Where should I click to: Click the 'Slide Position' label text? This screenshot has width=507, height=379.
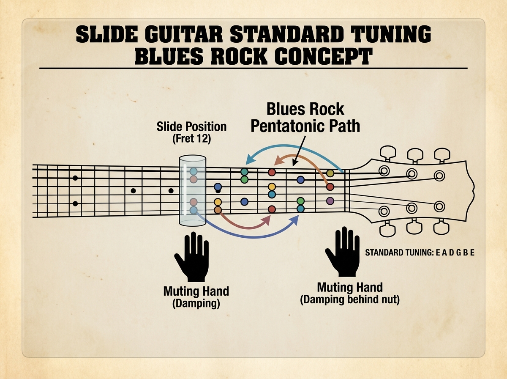pos(191,126)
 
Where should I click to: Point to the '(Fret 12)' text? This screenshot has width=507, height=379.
pos(192,139)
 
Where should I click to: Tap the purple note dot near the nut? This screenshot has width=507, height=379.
pos(330,200)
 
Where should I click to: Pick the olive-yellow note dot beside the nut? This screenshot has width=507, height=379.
pos(330,173)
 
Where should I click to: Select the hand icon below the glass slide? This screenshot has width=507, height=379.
pos(192,255)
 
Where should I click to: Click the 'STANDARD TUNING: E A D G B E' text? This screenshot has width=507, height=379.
pos(420,253)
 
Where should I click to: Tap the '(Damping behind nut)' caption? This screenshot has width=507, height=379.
pos(349,301)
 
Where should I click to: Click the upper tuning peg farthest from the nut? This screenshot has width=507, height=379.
pos(441,154)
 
